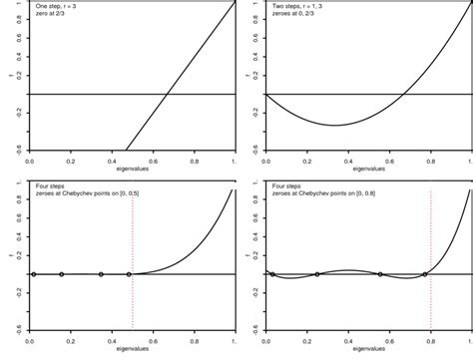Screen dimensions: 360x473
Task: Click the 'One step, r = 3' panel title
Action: [x=57, y=6]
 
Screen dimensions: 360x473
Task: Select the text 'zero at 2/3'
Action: [x=52, y=15]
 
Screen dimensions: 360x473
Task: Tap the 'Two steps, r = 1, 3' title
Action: [x=298, y=6]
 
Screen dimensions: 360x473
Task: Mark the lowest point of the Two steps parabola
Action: [x=334, y=125]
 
